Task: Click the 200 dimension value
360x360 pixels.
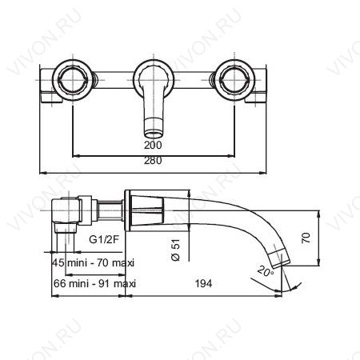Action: pyautogui.click(x=153, y=145)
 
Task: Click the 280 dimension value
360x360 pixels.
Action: pyautogui.click(x=153, y=161)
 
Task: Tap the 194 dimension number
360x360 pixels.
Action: pyautogui.click(x=203, y=283)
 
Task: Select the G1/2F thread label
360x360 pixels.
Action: pyautogui.click(x=103, y=240)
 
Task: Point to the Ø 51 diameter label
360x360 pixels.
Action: pyautogui.click(x=177, y=250)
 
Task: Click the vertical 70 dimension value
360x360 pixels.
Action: pyautogui.click(x=306, y=238)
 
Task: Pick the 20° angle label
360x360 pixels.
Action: pyautogui.click(x=266, y=271)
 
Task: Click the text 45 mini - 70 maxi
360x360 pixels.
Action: pyautogui.click(x=93, y=263)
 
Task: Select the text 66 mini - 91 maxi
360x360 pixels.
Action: pyautogui.click(x=94, y=283)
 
